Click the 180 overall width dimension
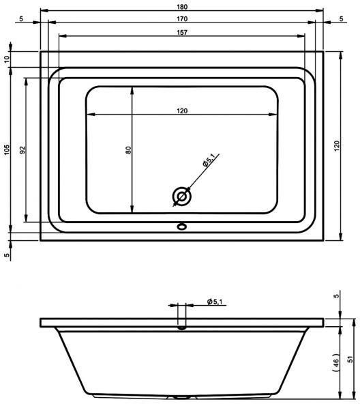point(182,7)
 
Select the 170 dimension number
point(182,19)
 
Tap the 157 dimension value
point(182,33)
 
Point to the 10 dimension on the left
point(7,59)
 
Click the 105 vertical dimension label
point(7,149)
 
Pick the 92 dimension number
point(23,149)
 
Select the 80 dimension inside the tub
point(128,150)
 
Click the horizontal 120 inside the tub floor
point(182,111)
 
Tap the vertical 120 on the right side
point(336,146)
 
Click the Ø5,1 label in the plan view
point(209,160)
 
